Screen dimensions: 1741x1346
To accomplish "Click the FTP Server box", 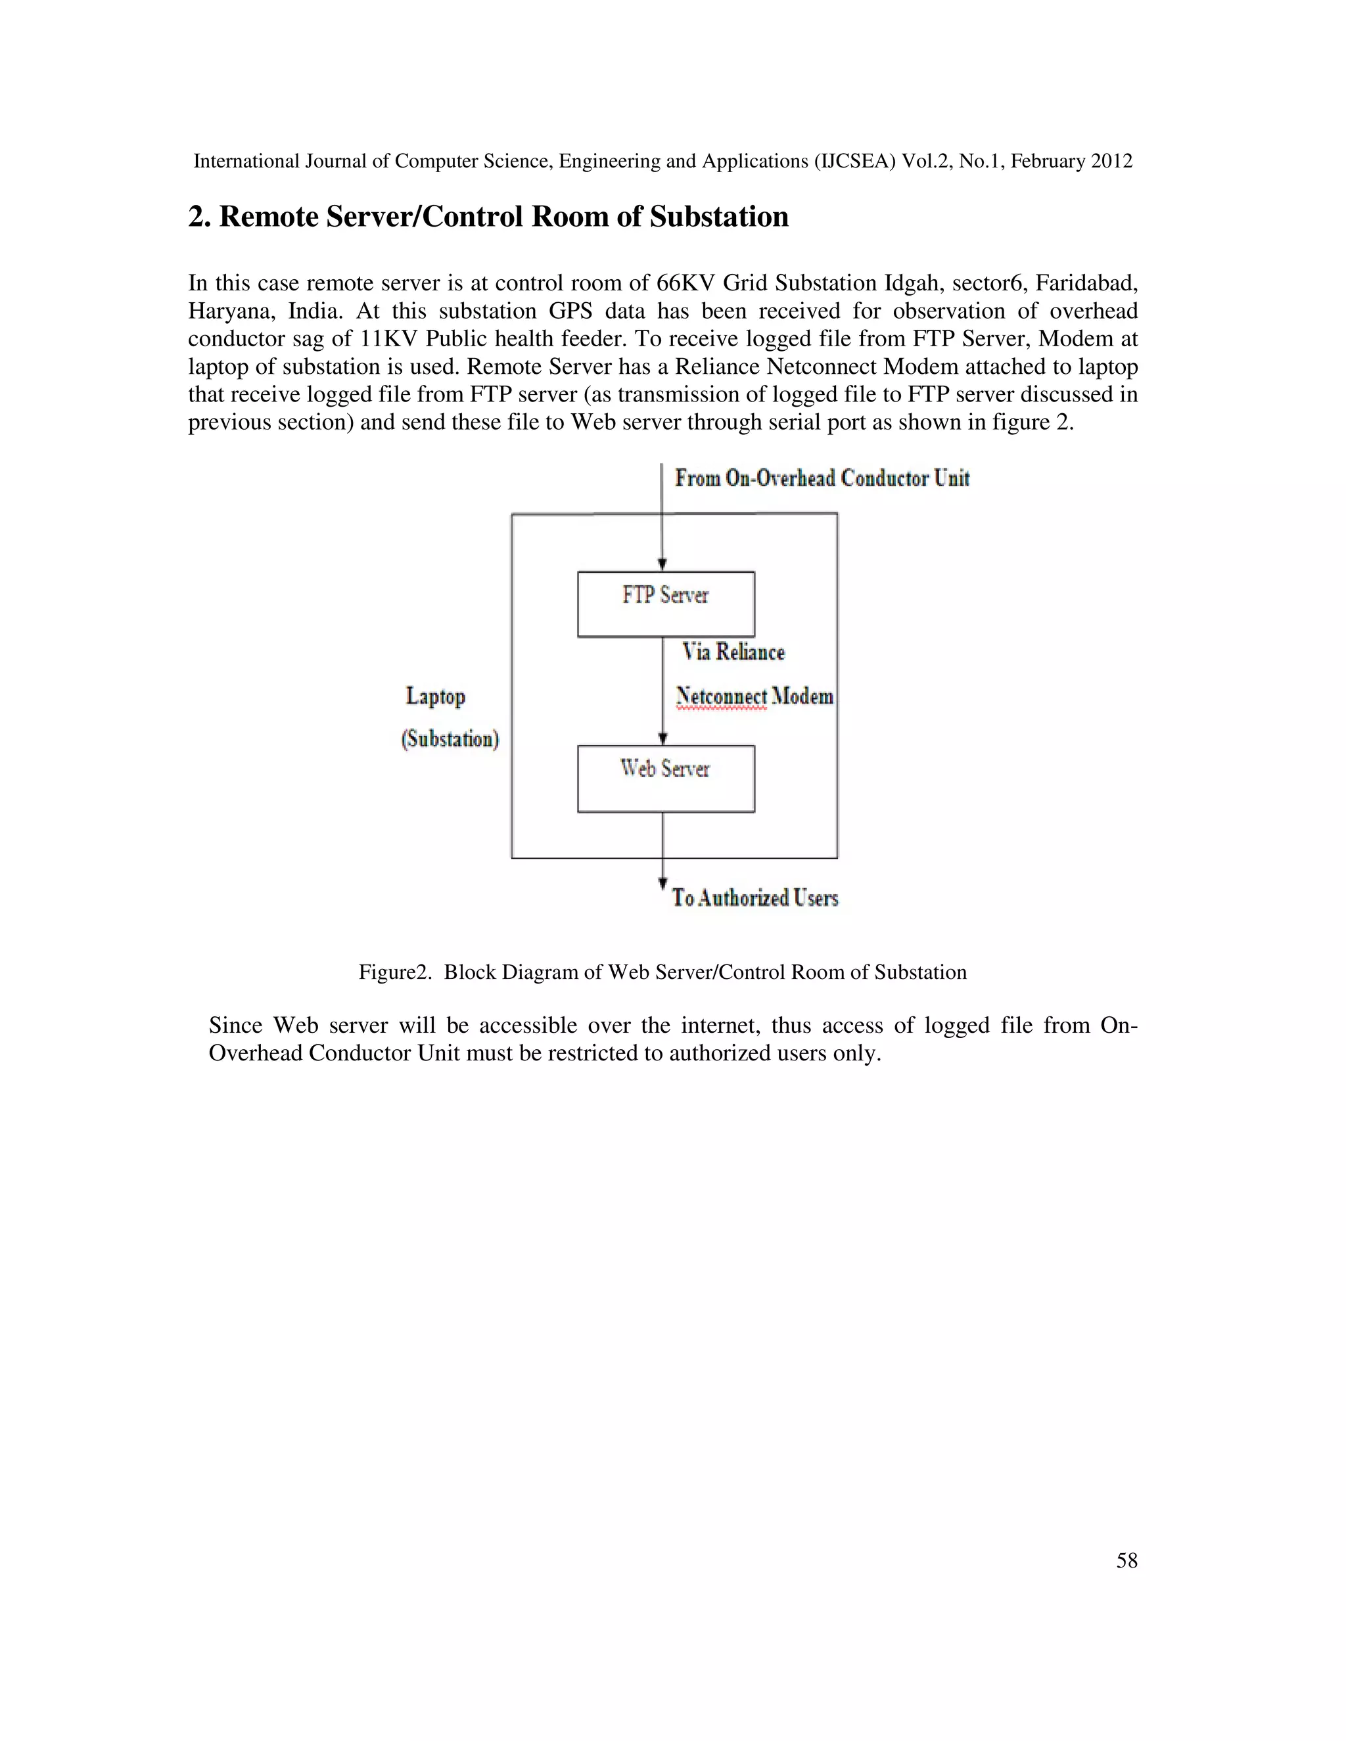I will pos(666,604).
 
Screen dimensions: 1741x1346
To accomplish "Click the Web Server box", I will pos(666,779).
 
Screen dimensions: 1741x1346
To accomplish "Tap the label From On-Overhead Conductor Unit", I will pos(822,478).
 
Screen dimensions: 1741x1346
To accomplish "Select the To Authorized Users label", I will pos(754,898).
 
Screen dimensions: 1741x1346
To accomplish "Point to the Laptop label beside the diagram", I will pos(435,696).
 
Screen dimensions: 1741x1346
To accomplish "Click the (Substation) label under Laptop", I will pos(450,739).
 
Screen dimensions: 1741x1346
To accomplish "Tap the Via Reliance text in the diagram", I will pos(733,652).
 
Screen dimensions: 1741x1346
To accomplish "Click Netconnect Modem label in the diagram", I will pos(754,696).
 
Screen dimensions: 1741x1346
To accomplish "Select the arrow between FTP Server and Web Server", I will pos(662,690).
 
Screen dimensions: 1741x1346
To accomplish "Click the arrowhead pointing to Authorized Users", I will pos(662,883).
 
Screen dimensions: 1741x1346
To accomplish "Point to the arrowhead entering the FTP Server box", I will pos(662,564).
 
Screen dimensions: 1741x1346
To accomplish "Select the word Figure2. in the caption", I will pos(395,972).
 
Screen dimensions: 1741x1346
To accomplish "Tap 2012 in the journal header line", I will pos(1111,161).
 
